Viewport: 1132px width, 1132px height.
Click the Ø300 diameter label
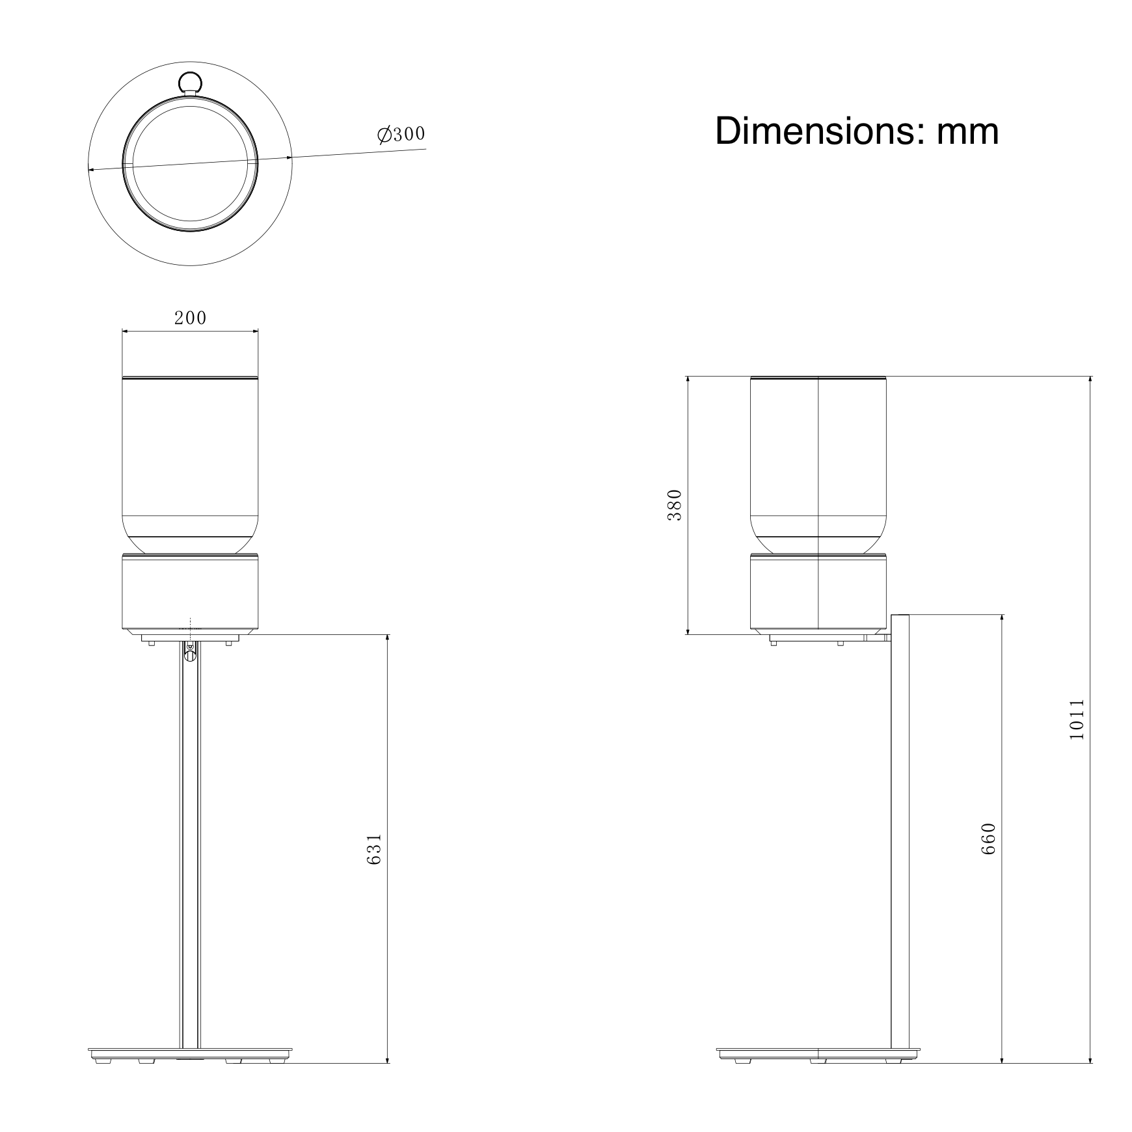coord(401,134)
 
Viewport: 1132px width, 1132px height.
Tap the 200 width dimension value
coord(190,317)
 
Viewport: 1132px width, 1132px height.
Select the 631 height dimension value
coord(374,849)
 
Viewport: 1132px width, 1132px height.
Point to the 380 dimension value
coord(675,505)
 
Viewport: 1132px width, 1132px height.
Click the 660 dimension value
coord(988,839)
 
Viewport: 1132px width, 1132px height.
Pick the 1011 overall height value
coord(1077,719)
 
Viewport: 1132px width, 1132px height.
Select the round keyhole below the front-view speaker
coord(190,655)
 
